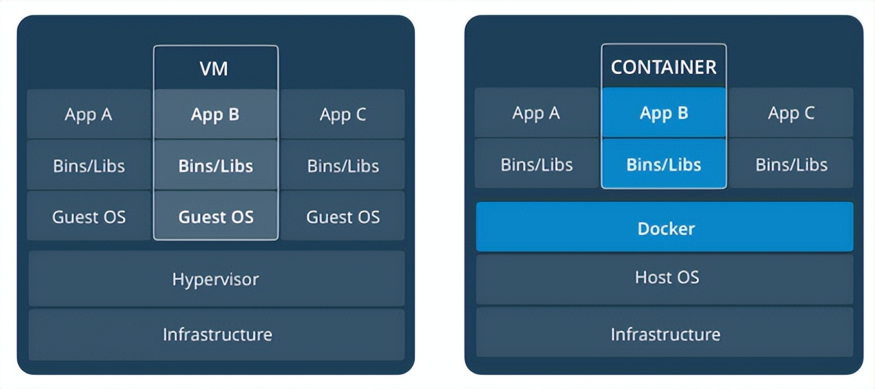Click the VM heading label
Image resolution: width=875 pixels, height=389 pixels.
point(214,68)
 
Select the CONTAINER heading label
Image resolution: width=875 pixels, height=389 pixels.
point(664,67)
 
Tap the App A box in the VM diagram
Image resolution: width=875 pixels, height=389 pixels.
point(89,114)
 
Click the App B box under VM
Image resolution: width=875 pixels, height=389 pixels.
point(216,114)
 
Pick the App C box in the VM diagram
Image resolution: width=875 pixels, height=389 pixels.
point(342,114)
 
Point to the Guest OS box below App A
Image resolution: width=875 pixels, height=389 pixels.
point(89,216)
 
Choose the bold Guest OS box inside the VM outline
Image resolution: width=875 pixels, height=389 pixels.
point(216,216)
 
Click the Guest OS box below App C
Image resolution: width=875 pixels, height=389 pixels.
point(342,216)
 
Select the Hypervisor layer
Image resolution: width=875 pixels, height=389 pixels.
point(216,279)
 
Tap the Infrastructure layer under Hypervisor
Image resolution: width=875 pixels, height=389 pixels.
point(216,334)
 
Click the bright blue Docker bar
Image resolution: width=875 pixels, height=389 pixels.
point(665,227)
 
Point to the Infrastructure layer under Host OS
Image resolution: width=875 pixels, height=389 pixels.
point(665,333)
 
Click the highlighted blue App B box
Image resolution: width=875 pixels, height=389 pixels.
point(664,113)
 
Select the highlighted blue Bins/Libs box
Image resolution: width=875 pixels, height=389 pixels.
point(664,164)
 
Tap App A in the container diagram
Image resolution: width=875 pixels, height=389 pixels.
point(537,113)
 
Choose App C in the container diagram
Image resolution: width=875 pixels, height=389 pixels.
point(791,113)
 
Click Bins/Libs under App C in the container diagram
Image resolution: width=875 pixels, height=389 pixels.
point(791,164)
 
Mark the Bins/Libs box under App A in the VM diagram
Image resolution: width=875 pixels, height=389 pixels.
point(89,165)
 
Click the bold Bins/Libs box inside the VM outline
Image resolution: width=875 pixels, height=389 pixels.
point(216,165)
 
